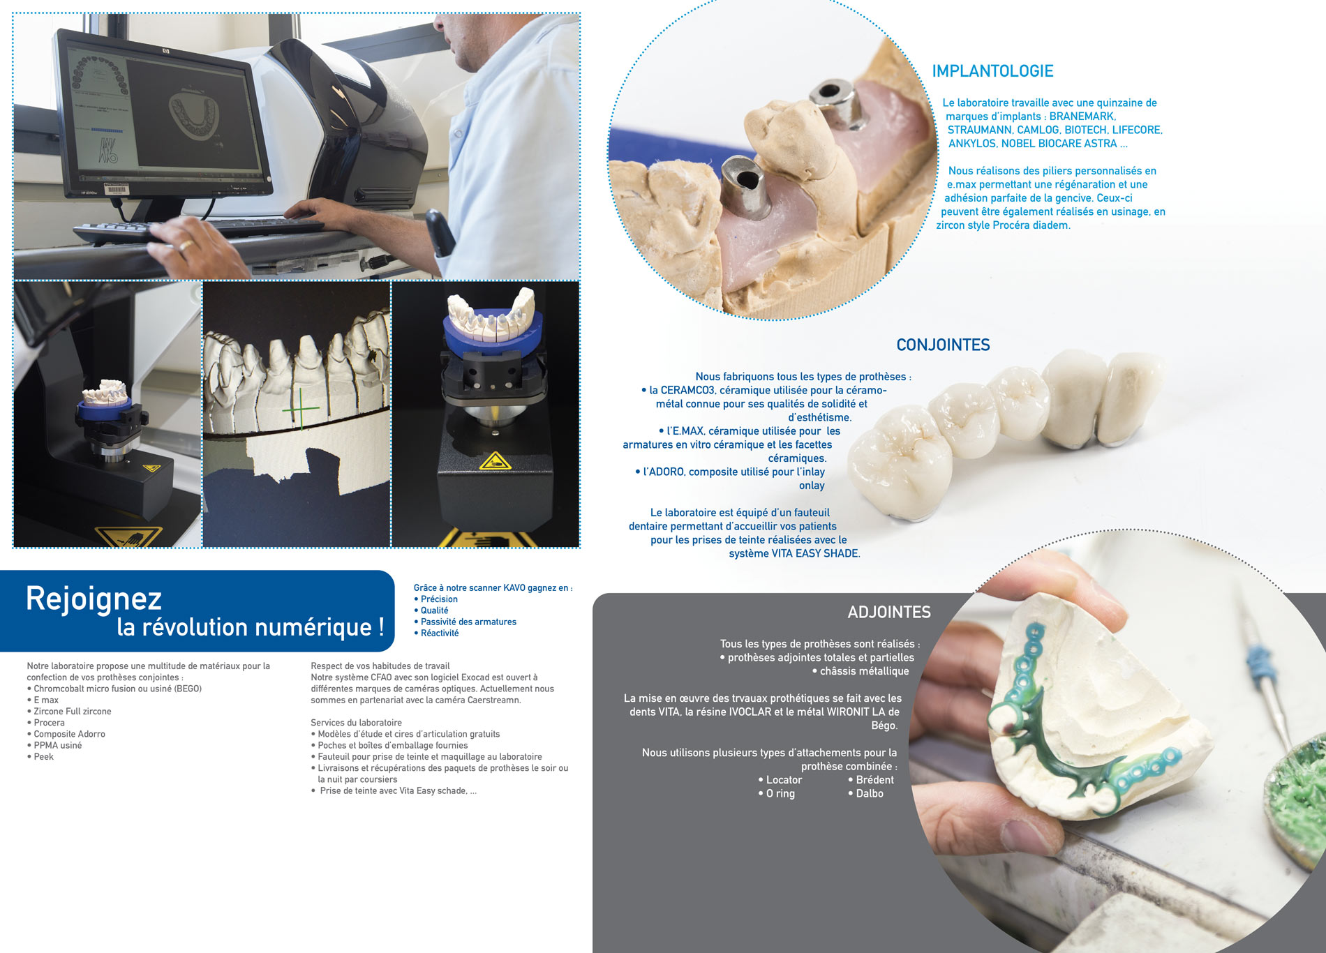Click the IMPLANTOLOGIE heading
(x=992, y=71)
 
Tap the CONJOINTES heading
(x=943, y=345)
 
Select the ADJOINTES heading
(x=889, y=612)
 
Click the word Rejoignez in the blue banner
(x=94, y=599)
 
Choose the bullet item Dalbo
(x=865, y=793)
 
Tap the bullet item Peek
(x=40, y=756)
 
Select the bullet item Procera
(x=46, y=723)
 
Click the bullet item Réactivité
(x=436, y=633)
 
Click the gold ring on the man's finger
(x=186, y=245)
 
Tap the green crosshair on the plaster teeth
(x=300, y=408)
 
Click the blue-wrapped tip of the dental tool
(x=1260, y=659)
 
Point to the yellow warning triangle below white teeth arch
(x=495, y=461)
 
